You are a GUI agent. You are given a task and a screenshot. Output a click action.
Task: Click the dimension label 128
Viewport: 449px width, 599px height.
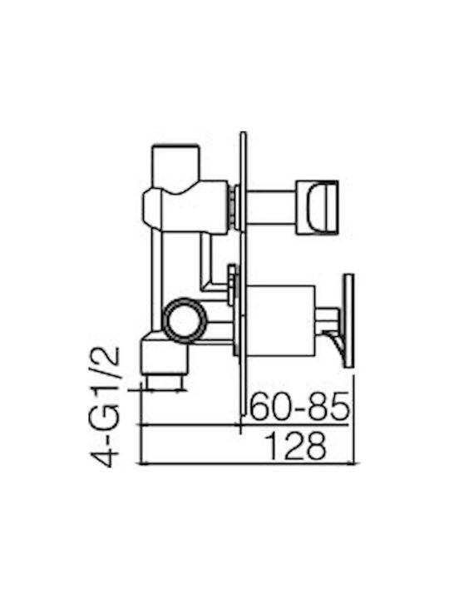[296, 446]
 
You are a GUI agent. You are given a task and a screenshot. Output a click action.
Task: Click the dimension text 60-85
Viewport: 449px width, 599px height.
[299, 406]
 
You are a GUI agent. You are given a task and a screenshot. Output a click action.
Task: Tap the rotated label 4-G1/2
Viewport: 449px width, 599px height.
[105, 407]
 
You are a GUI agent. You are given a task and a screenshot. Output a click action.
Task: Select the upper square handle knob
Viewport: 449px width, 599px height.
[318, 206]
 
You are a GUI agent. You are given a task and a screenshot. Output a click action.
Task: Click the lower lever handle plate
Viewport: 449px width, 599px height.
[349, 321]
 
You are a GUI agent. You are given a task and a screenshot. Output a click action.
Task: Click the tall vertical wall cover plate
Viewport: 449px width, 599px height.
[244, 273]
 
